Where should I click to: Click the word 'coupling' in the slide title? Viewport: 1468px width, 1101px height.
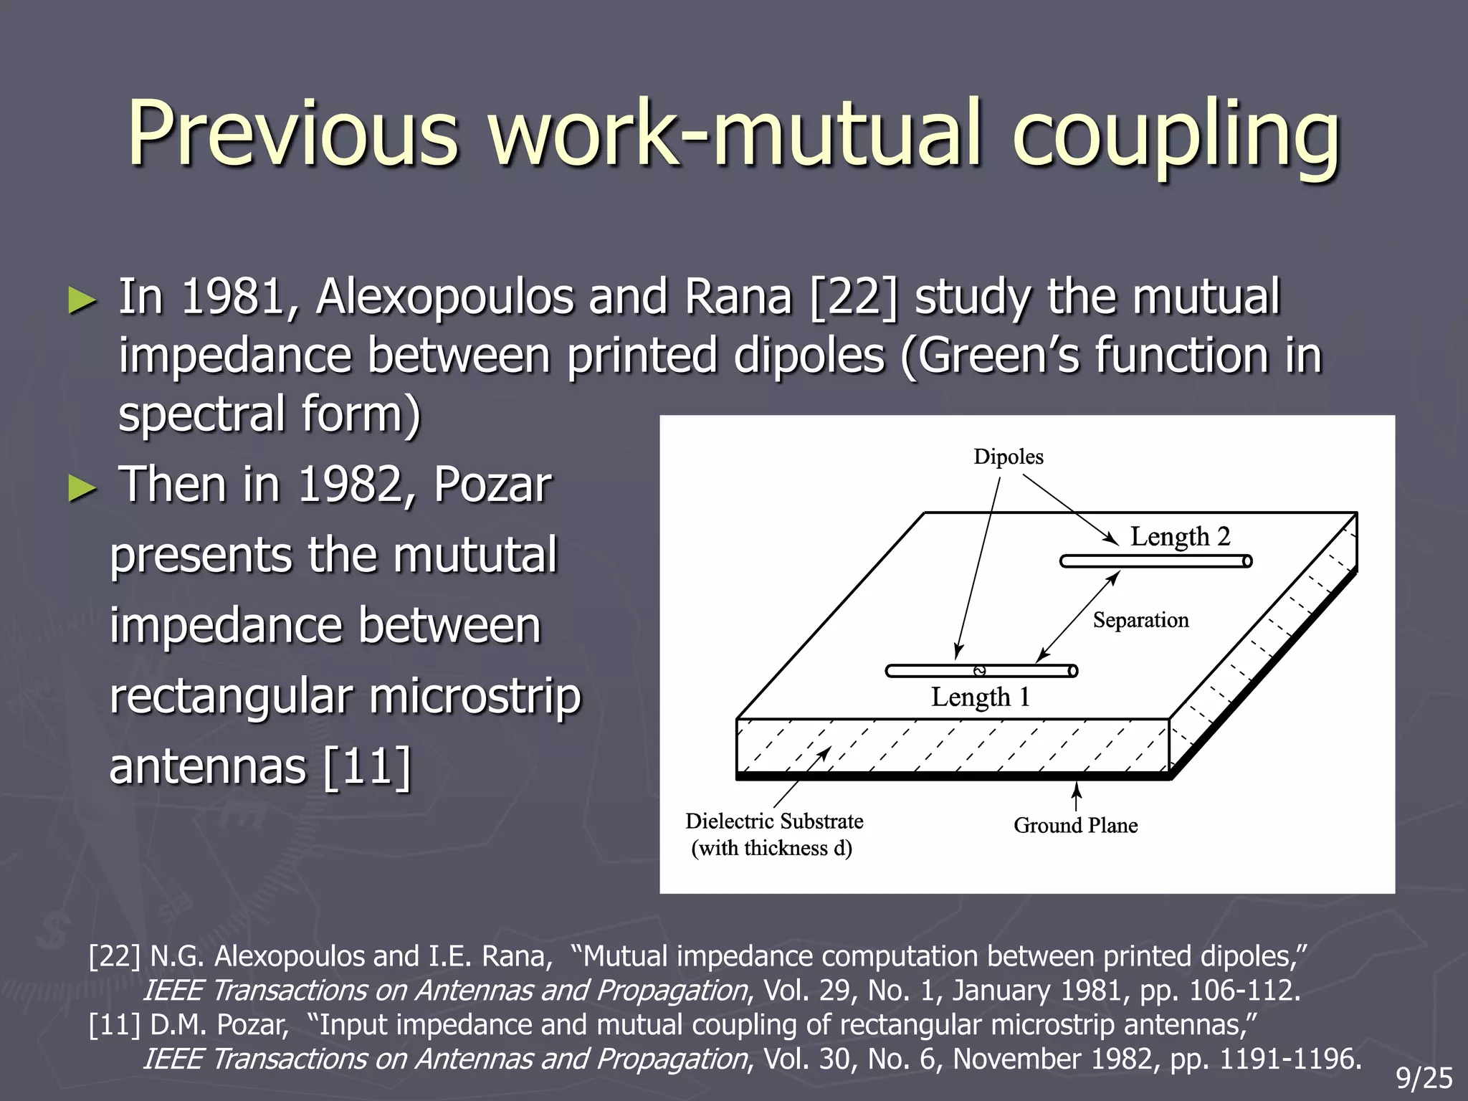(x=1176, y=136)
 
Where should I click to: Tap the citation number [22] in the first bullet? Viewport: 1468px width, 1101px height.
(x=853, y=297)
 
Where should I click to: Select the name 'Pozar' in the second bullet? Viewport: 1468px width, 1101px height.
(x=492, y=485)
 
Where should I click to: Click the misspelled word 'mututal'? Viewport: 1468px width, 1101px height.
(x=475, y=556)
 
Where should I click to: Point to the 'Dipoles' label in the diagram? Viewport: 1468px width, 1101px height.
(x=1008, y=457)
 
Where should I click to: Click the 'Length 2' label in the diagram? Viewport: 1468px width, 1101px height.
(x=1180, y=537)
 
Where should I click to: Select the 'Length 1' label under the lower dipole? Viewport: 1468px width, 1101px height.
(x=980, y=697)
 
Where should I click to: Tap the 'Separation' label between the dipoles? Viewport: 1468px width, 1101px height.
(x=1140, y=621)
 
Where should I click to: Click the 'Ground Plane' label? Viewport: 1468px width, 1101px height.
(x=1075, y=826)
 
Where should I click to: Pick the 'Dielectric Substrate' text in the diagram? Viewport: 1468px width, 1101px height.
(x=774, y=821)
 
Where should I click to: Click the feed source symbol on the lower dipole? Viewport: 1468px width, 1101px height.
(x=980, y=671)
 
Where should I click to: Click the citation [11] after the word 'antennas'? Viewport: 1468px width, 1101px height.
(x=367, y=767)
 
